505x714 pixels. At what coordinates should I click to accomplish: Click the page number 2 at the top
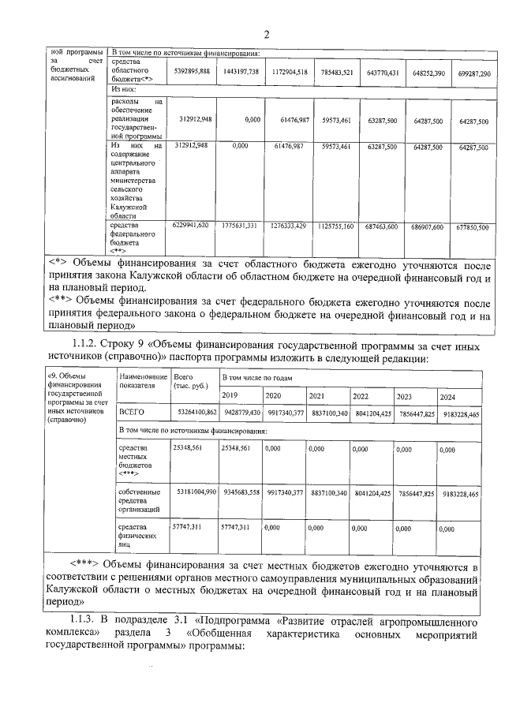tap(267, 34)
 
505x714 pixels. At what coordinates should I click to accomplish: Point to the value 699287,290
tap(474, 73)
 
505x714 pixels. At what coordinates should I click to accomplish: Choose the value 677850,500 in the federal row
tap(474, 226)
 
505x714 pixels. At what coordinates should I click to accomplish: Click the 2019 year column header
tap(230, 394)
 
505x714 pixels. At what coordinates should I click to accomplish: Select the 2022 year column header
tap(361, 395)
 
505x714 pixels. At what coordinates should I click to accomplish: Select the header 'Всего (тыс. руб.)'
tap(190, 382)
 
